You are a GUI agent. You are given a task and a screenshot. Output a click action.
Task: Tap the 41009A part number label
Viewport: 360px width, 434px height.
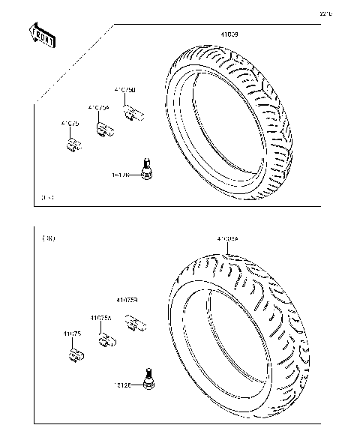[x=228, y=239]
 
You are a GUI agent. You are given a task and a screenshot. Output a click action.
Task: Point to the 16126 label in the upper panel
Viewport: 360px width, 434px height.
[x=121, y=175]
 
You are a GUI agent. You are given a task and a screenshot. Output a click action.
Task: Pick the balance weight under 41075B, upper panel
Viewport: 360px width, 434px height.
[x=134, y=114]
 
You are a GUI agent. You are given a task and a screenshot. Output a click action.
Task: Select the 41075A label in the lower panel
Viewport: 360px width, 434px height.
[x=101, y=318]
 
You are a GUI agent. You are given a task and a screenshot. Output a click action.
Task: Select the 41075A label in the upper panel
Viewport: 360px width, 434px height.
[x=98, y=107]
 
